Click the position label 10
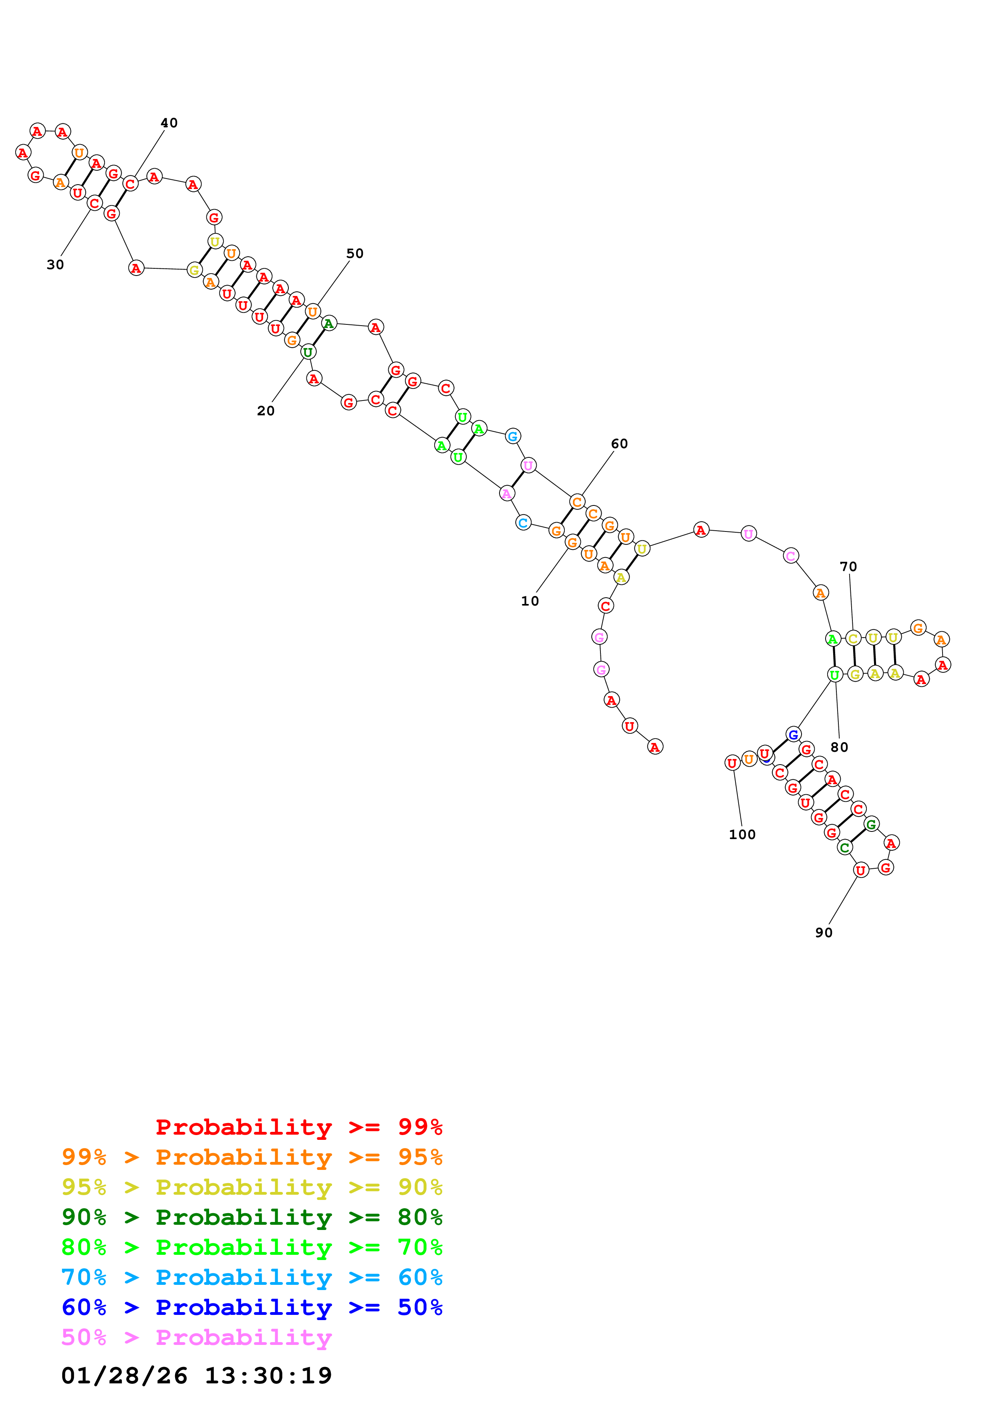(x=530, y=601)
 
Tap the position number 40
(x=169, y=123)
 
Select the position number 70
(x=848, y=567)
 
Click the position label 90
(x=824, y=932)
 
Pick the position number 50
(x=355, y=254)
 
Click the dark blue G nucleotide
(x=793, y=734)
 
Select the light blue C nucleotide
(x=523, y=523)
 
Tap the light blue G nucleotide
(x=513, y=436)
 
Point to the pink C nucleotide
(x=790, y=556)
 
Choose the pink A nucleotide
(x=507, y=493)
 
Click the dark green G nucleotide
(x=871, y=824)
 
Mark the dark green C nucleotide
(x=845, y=847)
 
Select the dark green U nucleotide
(x=308, y=352)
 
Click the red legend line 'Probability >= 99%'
(x=298, y=1127)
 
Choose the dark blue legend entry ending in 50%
(x=252, y=1307)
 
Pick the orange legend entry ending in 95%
(x=252, y=1157)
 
